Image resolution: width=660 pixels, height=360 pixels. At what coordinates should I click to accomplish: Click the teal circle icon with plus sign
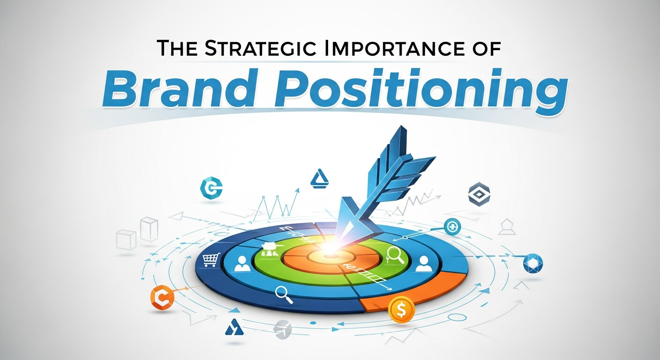pos(452,226)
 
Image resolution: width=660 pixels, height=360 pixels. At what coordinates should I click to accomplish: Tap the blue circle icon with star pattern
pos(532,263)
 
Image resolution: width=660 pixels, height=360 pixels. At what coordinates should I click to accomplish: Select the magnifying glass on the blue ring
pos(282,292)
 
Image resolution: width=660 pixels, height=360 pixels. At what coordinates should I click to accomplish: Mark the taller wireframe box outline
pos(149,229)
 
